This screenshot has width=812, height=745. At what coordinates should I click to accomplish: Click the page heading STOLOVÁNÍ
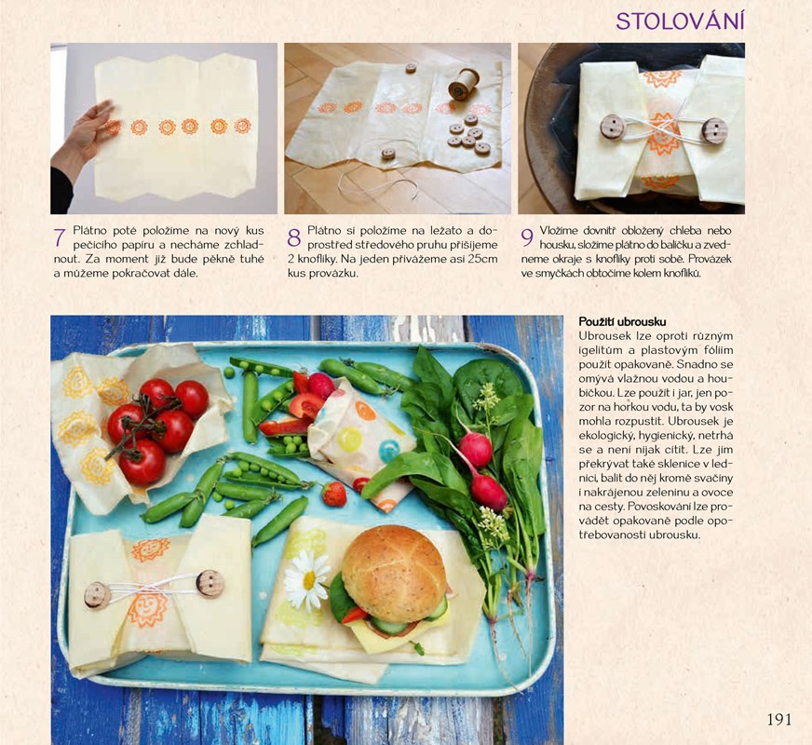(x=680, y=21)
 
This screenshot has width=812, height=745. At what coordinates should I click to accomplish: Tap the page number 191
(x=778, y=719)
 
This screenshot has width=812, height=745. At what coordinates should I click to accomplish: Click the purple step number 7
(x=60, y=237)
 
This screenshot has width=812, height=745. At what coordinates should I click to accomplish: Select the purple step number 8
(x=294, y=237)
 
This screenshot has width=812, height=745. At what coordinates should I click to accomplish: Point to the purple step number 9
(x=527, y=237)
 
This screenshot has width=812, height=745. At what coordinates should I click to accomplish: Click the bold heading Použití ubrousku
(x=622, y=322)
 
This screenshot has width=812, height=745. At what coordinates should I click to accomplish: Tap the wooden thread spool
(x=463, y=84)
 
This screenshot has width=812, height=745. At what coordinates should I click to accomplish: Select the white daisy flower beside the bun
(x=307, y=580)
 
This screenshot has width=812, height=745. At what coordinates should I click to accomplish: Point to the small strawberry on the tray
(x=334, y=494)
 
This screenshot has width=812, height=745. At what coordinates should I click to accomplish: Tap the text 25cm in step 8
(x=485, y=259)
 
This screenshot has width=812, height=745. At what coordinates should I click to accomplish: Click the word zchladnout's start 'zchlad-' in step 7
(x=243, y=244)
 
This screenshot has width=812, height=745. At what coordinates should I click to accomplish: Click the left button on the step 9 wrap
(x=612, y=126)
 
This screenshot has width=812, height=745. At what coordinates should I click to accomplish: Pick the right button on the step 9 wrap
(x=714, y=130)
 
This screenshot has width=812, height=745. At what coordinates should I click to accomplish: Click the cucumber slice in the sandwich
(x=389, y=627)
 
